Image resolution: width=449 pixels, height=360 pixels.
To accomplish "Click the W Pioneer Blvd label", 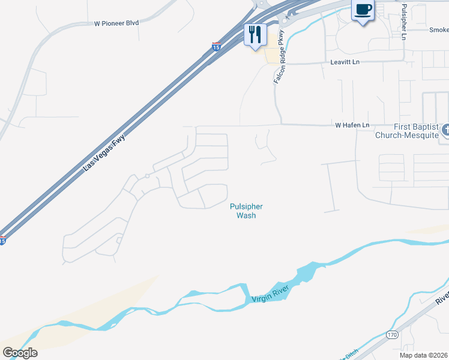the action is coord(116,23).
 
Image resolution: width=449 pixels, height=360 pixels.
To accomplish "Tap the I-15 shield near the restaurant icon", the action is coord(216,46).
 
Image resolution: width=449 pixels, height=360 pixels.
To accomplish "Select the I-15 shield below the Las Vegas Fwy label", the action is coord(3,241).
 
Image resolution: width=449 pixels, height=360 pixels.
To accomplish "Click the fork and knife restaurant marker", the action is coord(255,35).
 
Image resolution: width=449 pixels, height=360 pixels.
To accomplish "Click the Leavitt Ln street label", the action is coord(345,62).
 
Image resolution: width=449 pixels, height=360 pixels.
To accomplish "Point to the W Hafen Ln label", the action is coord(351,125).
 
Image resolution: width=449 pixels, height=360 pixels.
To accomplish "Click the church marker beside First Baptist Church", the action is coord(445,130).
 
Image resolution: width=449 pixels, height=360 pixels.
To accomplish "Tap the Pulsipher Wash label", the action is coord(246,211).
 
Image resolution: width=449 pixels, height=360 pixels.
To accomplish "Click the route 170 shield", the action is coord(391,335).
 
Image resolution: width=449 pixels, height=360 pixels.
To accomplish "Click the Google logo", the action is coord(20,353).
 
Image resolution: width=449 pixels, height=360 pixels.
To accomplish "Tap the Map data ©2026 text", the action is coord(423,355).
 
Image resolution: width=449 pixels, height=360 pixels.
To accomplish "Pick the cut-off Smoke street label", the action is coord(439,30).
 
